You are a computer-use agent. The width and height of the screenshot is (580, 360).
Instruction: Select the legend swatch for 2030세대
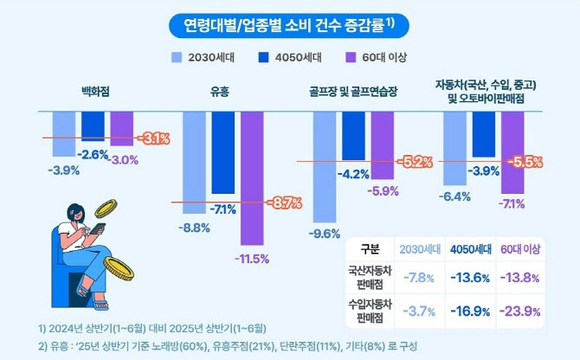177,58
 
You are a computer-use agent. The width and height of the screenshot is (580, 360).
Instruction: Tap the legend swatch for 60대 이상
350,58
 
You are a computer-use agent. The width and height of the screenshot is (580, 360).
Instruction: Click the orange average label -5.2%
415,162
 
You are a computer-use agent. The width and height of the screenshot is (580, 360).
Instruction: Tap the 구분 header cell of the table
369,249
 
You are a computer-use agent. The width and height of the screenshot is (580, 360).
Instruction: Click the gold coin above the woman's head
106,209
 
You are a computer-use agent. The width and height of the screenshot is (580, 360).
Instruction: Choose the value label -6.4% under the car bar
454,196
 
